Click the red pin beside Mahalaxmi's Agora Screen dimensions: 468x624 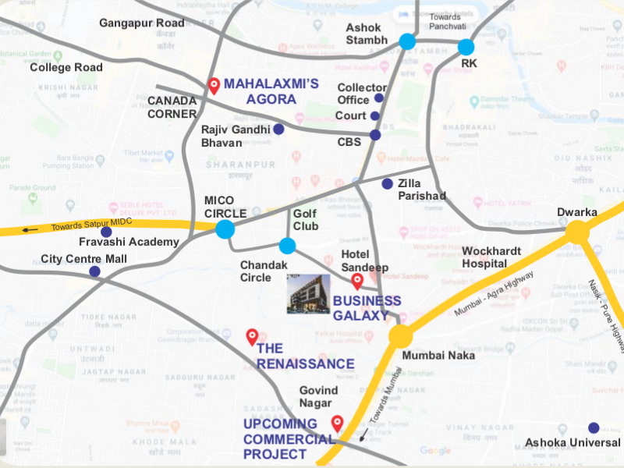(x=214, y=85)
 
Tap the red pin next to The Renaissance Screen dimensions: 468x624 (x=252, y=336)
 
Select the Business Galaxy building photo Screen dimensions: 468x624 (x=308, y=294)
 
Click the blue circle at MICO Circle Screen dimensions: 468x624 (x=225, y=229)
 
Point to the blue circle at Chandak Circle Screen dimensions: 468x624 (x=287, y=246)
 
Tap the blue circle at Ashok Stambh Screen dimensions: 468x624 (x=407, y=42)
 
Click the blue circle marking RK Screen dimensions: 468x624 (x=466, y=47)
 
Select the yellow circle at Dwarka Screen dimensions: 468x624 (x=576, y=232)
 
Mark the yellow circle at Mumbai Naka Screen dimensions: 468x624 (x=400, y=337)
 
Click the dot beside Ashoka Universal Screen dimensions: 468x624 (x=594, y=427)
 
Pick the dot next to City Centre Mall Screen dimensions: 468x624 (x=94, y=271)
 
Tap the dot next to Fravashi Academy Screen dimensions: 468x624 (x=106, y=232)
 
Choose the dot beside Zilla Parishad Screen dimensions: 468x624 (x=387, y=184)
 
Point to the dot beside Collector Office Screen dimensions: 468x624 (x=379, y=98)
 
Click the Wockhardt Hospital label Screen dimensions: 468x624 (x=489, y=257)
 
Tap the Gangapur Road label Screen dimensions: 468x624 (x=142, y=23)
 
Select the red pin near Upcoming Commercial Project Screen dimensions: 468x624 (x=337, y=423)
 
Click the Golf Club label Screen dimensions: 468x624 (x=306, y=220)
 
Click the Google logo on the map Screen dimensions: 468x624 (x=435, y=451)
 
